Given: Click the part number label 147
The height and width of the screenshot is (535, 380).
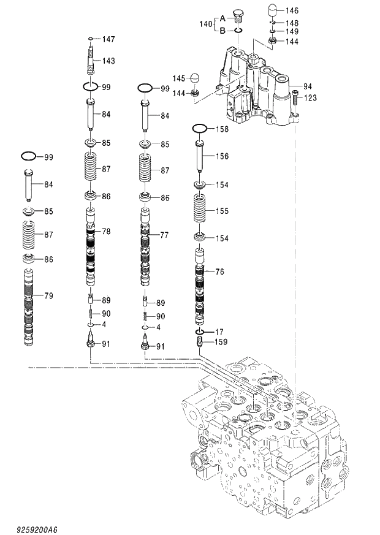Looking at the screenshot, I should click(108, 39).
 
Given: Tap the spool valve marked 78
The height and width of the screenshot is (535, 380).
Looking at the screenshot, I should click(90, 248).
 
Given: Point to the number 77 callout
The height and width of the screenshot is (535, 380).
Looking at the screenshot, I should click(165, 235).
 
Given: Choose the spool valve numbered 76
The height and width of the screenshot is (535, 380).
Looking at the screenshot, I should click(200, 288).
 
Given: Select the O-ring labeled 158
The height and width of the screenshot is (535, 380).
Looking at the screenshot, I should click(200, 129).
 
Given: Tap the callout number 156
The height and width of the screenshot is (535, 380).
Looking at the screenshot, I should click(222, 157).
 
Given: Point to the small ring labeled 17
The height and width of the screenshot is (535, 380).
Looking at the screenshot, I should click(200, 332).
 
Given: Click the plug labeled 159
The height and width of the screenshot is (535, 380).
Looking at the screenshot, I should click(200, 341).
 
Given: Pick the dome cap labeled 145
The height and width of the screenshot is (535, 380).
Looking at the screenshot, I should click(196, 78).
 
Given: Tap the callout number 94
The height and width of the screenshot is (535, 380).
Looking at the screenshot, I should click(308, 86).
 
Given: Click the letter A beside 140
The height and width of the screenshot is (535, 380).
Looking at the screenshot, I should click(223, 18).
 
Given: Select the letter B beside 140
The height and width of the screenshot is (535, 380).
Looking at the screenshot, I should click(223, 29).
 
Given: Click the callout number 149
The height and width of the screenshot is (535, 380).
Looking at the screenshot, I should click(292, 31).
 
